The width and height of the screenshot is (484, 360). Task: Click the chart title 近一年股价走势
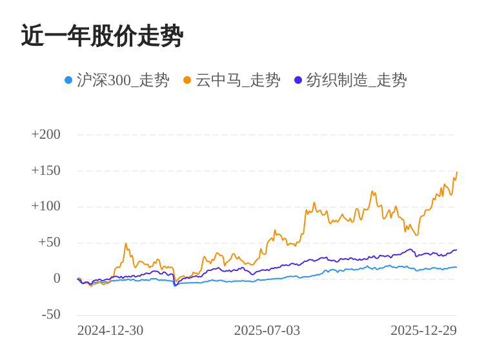click(102, 36)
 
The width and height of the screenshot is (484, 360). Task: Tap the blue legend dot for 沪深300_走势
click(68, 80)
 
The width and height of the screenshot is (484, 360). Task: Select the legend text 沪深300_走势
click(123, 80)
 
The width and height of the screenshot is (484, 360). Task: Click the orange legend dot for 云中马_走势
click(187, 80)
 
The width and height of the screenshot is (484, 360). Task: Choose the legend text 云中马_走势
click(237, 80)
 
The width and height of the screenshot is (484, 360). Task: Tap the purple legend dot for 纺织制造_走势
click(298, 80)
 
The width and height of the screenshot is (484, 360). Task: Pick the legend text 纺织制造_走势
click(356, 80)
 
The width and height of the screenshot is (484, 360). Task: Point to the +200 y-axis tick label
click(46, 134)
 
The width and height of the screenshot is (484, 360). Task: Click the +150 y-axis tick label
click(46, 170)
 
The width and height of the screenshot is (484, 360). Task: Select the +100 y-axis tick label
click(46, 206)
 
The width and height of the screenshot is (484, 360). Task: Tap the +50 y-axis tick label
click(49, 243)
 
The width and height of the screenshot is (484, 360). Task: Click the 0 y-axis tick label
click(57, 279)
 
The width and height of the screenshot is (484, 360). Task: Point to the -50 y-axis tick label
click(51, 315)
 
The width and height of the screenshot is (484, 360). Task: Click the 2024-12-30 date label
click(110, 330)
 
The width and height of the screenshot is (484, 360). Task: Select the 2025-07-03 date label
click(267, 330)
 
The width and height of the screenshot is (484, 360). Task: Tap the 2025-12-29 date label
click(423, 330)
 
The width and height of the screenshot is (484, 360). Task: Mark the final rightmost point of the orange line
click(457, 172)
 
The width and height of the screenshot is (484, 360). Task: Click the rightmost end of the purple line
click(456, 250)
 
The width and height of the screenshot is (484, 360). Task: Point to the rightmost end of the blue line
click(456, 267)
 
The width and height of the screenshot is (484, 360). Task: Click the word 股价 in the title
click(102, 36)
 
